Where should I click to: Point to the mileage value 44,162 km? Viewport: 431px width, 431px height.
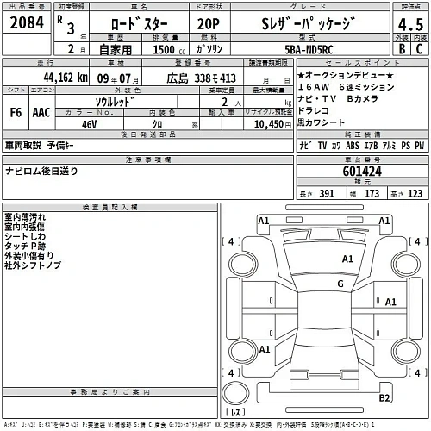59,78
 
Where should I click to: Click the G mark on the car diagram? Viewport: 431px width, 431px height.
340,284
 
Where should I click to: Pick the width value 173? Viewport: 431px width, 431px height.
372,194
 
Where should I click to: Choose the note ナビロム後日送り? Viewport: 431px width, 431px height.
41,171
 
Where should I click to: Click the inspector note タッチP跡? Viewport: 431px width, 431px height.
24,247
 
